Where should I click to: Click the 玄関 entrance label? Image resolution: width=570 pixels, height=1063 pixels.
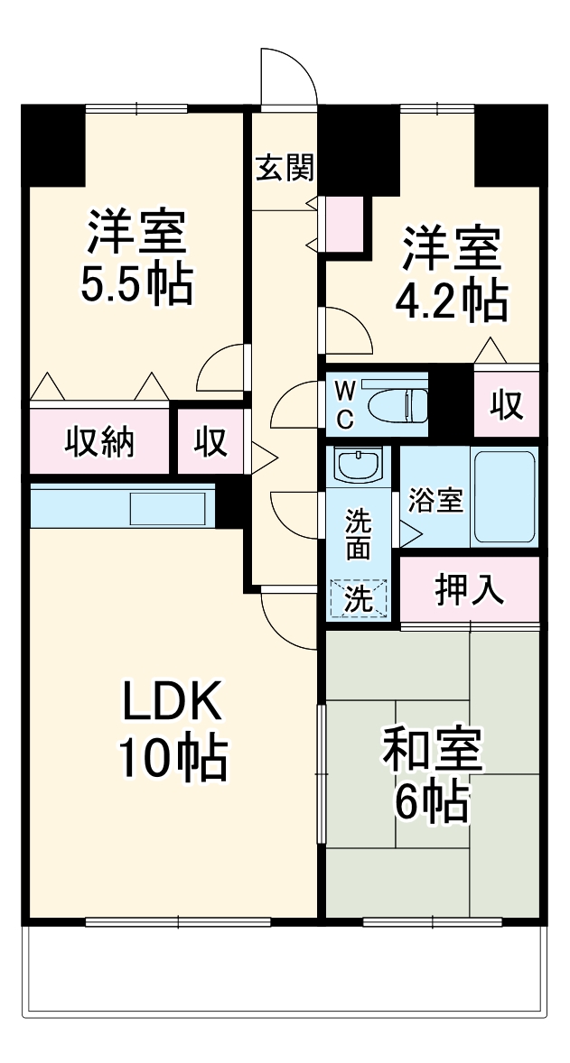tap(284, 168)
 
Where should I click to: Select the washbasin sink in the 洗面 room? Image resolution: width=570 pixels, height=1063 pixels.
tap(359, 467)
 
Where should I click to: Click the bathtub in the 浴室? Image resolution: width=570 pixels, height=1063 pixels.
tap(504, 497)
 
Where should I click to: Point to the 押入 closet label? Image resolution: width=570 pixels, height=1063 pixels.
tap(469, 590)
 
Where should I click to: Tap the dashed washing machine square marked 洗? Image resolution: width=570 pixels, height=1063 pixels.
tap(359, 598)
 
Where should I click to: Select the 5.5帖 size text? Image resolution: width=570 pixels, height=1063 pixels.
tap(136, 285)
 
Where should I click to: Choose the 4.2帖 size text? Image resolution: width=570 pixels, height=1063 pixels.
tap(451, 304)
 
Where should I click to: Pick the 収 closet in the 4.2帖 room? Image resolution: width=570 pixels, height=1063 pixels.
tap(507, 405)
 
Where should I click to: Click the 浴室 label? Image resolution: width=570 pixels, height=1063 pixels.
tap(435, 501)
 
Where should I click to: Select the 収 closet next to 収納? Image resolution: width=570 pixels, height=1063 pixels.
tap(210, 442)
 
